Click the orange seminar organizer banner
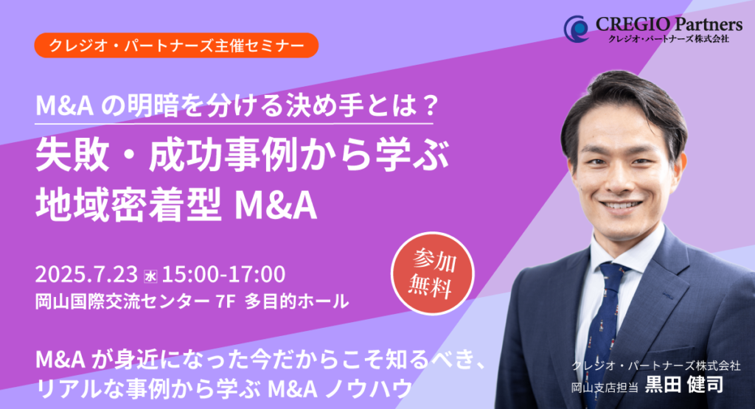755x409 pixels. [x=176, y=45]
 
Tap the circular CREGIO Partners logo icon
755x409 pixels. [x=577, y=29]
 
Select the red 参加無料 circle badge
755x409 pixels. [x=432, y=274]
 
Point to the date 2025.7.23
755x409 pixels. [x=87, y=274]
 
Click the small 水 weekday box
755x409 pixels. [x=150, y=276]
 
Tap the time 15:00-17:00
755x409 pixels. [x=223, y=274]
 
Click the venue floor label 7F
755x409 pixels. [x=226, y=301]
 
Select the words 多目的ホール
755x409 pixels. [x=297, y=301]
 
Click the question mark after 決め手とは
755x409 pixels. [x=428, y=105]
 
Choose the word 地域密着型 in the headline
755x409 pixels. [x=128, y=204]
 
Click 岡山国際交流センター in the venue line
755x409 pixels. [x=122, y=301]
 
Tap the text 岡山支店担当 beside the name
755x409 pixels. [x=605, y=387]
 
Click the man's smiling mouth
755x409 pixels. [x=622, y=206]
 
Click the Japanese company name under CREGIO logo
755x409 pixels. [x=668, y=38]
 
